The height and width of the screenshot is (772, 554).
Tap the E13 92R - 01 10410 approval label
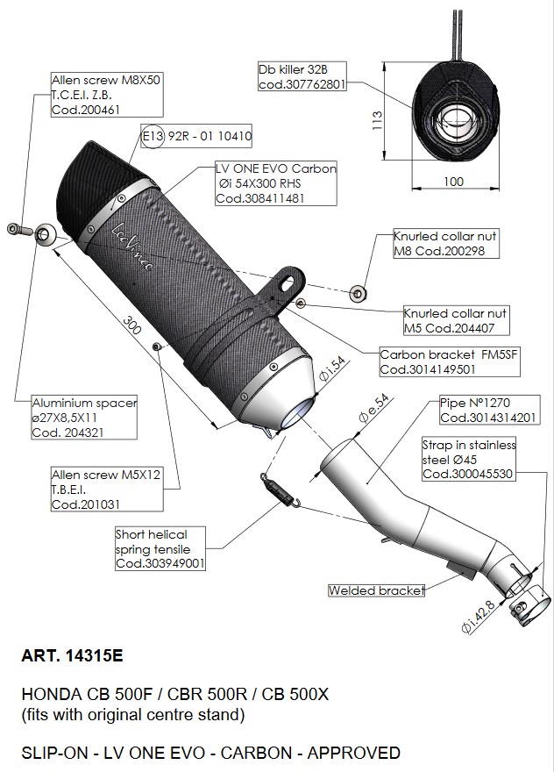pos(197,137)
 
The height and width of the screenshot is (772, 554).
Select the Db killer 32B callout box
pos(302,76)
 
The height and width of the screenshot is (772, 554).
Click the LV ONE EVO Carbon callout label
pos(274,182)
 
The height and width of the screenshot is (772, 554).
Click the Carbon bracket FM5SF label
pos(427,362)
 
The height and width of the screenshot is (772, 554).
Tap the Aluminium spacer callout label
pos(84,417)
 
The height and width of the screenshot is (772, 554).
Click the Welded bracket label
pos(376,590)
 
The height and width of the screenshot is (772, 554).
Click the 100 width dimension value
pos(452,181)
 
